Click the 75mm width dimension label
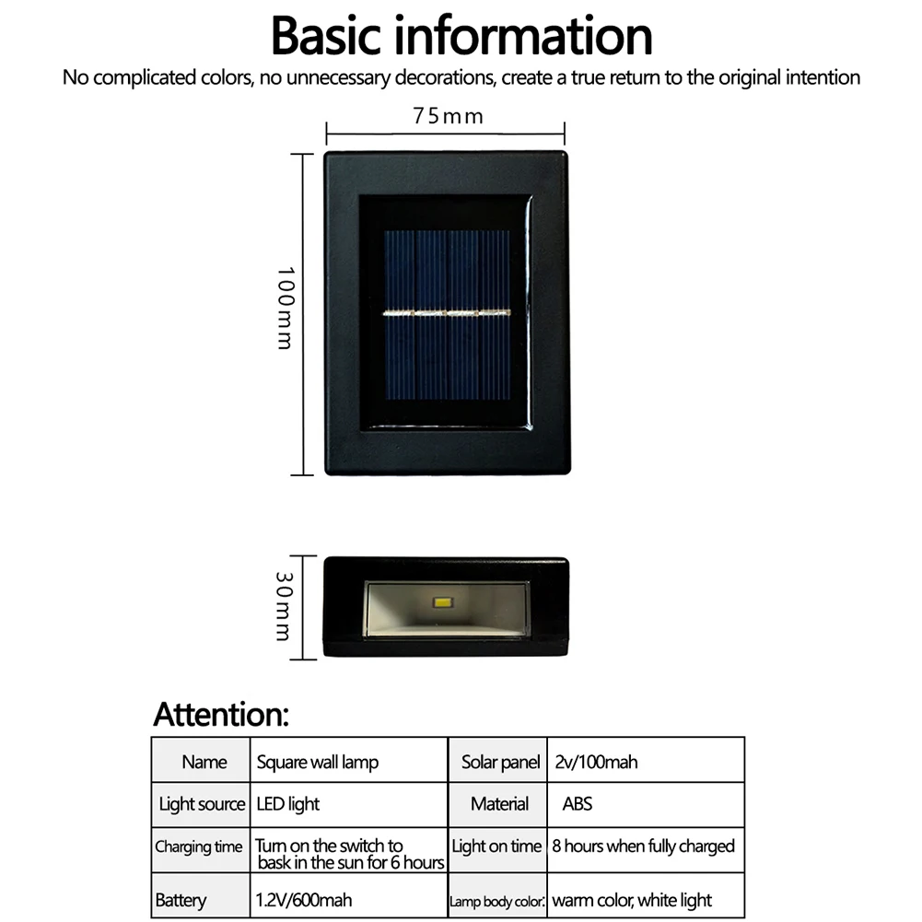(x=448, y=116)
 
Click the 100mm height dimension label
(x=285, y=308)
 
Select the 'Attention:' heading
(x=221, y=714)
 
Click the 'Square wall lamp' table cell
(x=317, y=762)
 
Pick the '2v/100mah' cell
(x=596, y=762)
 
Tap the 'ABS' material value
(x=578, y=803)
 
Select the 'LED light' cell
(x=288, y=804)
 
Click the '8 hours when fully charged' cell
(x=643, y=846)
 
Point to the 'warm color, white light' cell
(x=632, y=900)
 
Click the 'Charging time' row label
(x=199, y=846)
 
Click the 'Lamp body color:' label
(x=497, y=902)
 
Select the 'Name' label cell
(x=204, y=762)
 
